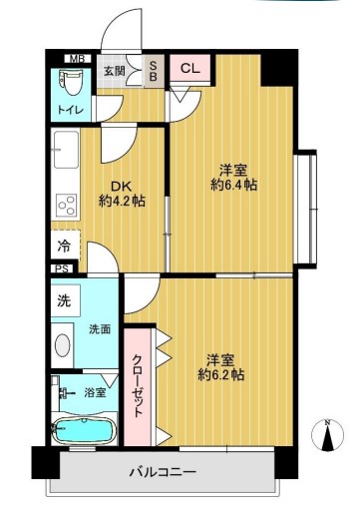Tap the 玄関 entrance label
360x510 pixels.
click(x=115, y=70)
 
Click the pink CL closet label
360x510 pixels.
click(x=188, y=69)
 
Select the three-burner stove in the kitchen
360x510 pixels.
click(x=66, y=207)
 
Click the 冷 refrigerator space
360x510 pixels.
click(x=62, y=245)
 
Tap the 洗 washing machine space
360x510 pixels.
click(x=64, y=298)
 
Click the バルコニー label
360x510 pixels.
click(x=162, y=471)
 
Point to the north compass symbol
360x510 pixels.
click(x=326, y=435)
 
